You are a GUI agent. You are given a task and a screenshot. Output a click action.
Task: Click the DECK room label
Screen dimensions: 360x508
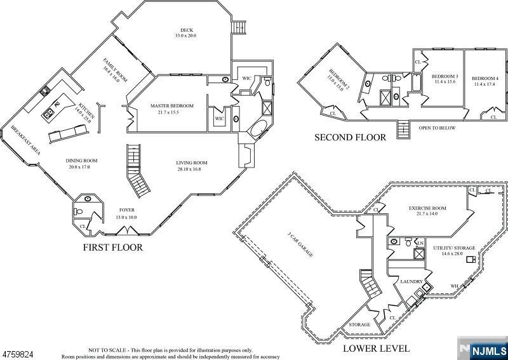click(186, 30)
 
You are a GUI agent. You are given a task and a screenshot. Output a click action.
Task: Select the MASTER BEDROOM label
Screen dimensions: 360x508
click(171, 105)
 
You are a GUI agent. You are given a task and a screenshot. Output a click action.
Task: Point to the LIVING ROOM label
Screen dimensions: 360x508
click(192, 163)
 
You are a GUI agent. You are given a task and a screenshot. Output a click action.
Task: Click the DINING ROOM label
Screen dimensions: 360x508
click(81, 161)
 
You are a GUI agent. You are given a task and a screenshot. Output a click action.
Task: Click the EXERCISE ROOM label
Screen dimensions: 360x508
click(427, 208)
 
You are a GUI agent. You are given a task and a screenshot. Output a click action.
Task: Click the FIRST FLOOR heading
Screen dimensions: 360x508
click(112, 248)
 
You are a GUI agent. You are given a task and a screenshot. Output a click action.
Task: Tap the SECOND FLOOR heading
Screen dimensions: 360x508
click(350, 137)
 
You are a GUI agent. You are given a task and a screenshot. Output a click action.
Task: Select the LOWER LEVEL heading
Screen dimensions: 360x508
click(376, 349)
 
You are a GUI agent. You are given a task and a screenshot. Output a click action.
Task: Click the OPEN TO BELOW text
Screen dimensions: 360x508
click(437, 128)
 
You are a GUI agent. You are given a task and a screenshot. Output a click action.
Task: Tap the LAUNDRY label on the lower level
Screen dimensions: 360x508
click(411, 281)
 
